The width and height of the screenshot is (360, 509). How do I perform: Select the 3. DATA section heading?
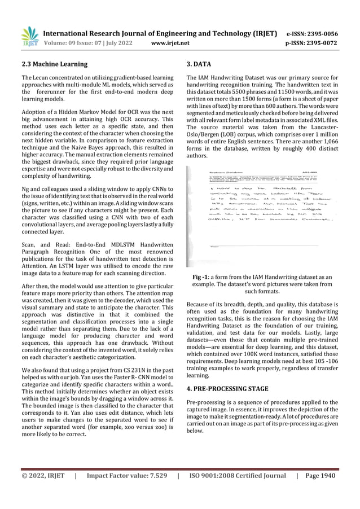coord(199,64)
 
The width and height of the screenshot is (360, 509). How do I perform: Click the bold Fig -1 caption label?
coord(200,277)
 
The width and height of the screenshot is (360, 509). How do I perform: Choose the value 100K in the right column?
coord(252,354)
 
